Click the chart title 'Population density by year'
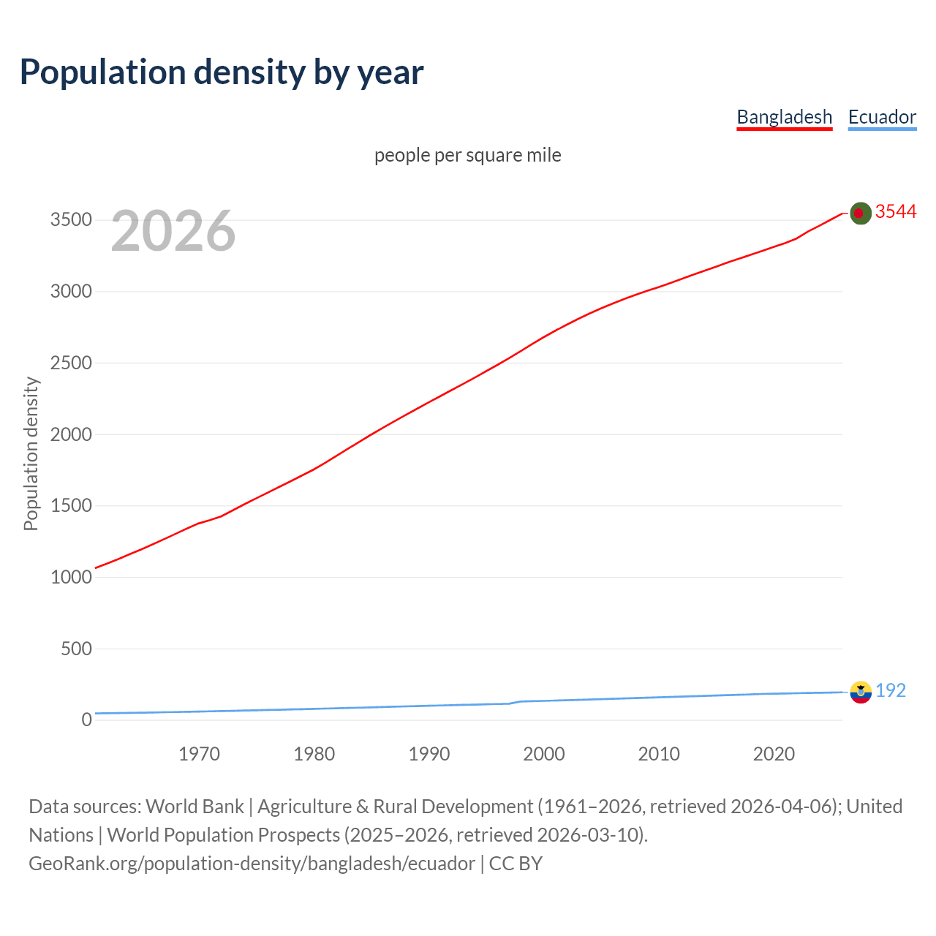click(x=222, y=72)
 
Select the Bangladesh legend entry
click(x=784, y=117)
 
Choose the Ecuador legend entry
click(x=882, y=117)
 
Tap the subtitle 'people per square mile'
click(x=467, y=155)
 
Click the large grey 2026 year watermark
click(x=173, y=231)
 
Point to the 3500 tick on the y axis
click(x=71, y=220)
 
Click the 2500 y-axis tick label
click(x=71, y=363)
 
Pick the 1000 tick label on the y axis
click(x=71, y=577)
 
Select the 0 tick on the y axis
click(x=87, y=720)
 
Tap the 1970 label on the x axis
click(x=199, y=754)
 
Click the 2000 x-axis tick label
click(x=543, y=754)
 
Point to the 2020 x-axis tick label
click(x=774, y=754)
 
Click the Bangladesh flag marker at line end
click(x=861, y=213)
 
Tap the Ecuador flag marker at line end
click(x=861, y=692)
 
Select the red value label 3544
click(x=896, y=211)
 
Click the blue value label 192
click(x=891, y=690)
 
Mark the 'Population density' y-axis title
click(x=31, y=453)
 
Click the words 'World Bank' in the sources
click(x=195, y=807)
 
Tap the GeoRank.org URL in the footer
click(x=252, y=864)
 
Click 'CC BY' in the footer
click(x=516, y=864)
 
